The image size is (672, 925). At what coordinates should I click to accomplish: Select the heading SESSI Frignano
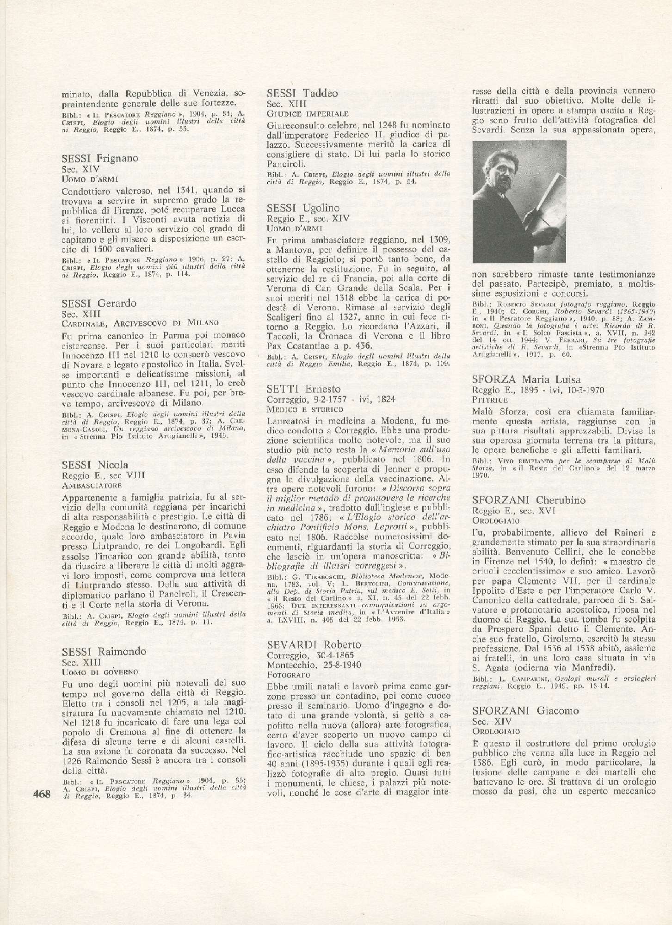99,158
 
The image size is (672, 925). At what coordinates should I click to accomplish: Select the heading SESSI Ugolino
303,208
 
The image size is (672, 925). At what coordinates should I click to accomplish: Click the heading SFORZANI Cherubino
529,500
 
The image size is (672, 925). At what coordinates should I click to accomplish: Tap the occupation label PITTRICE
490,399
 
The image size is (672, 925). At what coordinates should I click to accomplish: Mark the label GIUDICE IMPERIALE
308,113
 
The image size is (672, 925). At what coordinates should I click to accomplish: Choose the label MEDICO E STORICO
305,409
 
